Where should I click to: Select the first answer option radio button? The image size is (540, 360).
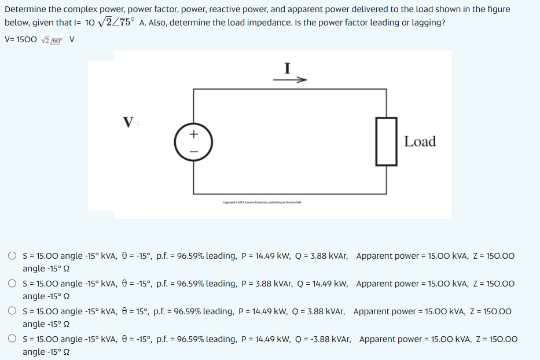(12, 256)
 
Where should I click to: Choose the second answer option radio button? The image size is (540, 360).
(12, 284)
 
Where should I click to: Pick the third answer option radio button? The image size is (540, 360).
(12, 311)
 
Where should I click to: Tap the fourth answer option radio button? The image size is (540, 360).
(12, 339)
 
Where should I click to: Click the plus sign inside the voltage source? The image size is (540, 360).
(194, 134)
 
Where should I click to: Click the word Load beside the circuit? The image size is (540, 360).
(420, 141)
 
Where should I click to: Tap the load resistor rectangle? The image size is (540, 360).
(386, 141)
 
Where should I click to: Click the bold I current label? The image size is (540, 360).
(287, 68)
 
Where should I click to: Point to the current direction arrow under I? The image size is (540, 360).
(289, 80)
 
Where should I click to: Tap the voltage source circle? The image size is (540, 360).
(194, 142)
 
